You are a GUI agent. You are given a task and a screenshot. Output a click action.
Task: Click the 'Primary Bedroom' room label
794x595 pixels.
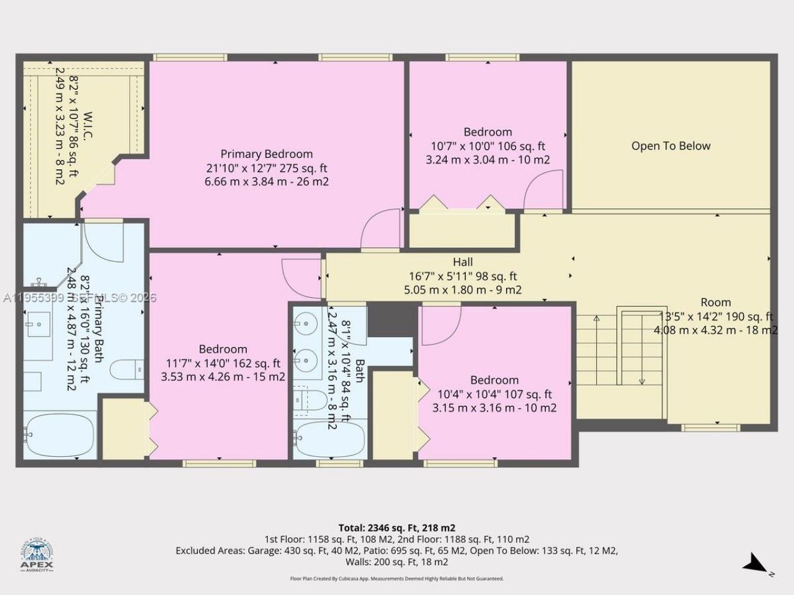[x=267, y=154]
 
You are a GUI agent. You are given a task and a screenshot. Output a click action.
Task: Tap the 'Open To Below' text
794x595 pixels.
[x=671, y=146]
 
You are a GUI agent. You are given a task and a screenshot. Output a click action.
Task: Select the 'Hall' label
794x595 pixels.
[x=462, y=262]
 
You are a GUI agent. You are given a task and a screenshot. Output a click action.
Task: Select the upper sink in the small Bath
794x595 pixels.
[x=305, y=324]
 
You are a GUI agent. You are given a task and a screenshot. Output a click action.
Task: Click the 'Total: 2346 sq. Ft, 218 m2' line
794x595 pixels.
[x=397, y=528]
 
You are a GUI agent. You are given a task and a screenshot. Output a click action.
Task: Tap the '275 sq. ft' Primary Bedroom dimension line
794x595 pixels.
[x=267, y=168]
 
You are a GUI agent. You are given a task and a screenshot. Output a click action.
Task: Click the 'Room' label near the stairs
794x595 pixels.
[x=715, y=302]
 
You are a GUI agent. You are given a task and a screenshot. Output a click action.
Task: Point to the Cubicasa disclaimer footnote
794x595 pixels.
[x=397, y=578]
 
